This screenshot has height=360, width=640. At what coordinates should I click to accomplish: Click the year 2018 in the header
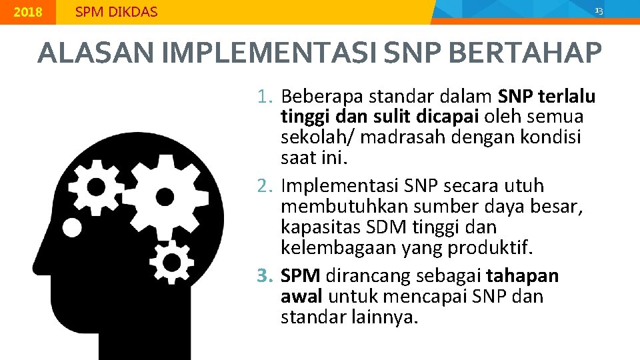[28, 12]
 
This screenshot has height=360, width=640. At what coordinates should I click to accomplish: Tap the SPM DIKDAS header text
[117, 12]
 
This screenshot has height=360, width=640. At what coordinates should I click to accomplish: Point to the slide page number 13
[598, 11]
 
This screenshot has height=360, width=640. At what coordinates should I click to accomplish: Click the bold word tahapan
[523, 275]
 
